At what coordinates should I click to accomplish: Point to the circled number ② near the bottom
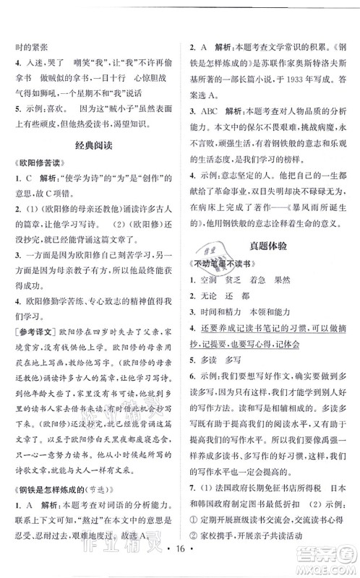pyautogui.click(x=193, y=536)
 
